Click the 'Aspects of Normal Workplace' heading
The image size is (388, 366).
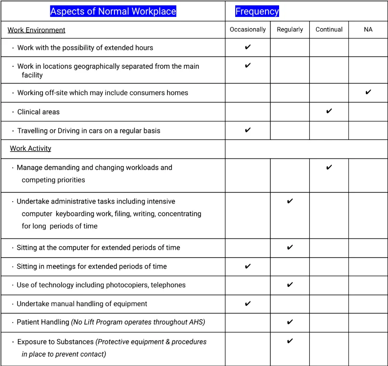point(113,11)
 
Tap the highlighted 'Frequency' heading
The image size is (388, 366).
point(257,11)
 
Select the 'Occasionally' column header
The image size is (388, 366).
point(248,29)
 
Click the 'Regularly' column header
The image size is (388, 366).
point(290,29)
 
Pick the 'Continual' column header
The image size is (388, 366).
point(329,29)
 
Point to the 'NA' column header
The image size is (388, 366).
point(368,29)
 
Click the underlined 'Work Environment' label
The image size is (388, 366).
point(36,30)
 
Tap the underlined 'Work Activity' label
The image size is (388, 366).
point(31,148)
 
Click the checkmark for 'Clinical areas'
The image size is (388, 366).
point(329,111)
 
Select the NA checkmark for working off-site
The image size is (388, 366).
point(368,92)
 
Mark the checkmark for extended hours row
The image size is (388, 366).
point(248,47)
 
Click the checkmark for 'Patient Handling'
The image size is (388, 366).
point(290,322)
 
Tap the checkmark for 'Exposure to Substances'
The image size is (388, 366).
point(290,341)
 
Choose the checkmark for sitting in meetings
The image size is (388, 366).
point(248,266)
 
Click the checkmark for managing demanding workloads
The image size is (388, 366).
point(329,167)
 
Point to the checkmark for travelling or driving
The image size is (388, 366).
point(248,130)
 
